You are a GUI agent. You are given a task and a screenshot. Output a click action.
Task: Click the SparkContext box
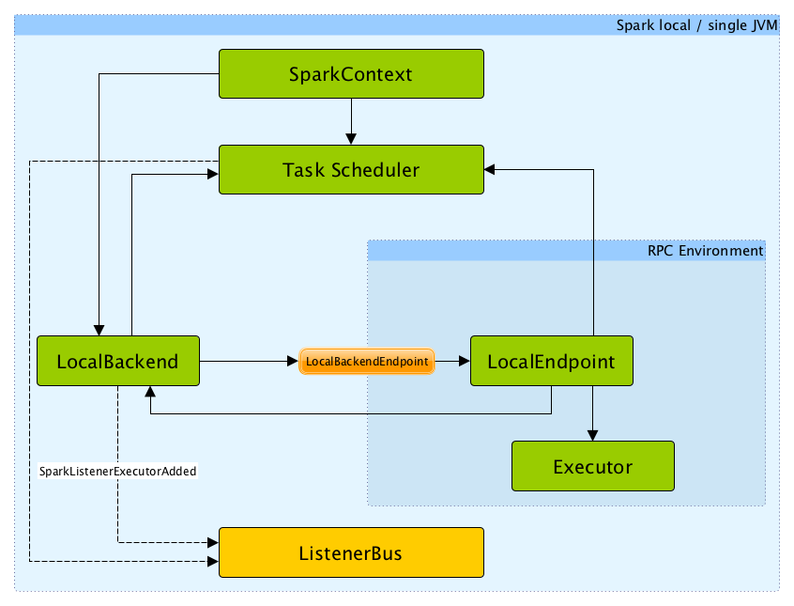click(351, 74)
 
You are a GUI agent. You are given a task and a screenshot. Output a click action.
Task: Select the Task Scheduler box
click(351, 170)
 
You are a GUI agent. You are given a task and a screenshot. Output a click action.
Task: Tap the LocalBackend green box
click(117, 361)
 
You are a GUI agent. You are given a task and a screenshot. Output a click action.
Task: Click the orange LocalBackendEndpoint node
click(367, 361)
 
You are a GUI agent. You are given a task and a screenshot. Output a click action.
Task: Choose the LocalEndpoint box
click(551, 361)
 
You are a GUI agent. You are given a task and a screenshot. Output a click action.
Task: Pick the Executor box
click(592, 466)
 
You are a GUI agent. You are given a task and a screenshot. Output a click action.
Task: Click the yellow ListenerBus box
click(351, 552)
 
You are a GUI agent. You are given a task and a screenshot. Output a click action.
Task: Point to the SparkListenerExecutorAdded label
click(117, 471)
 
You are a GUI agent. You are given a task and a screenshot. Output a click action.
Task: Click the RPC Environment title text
click(705, 251)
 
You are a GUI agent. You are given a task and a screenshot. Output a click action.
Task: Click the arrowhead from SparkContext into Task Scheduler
click(350, 139)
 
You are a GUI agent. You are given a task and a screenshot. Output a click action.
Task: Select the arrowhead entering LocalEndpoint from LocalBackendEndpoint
click(464, 361)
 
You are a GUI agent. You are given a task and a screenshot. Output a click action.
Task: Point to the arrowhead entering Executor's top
click(592, 435)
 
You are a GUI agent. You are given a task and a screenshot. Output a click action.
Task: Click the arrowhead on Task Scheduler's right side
click(490, 170)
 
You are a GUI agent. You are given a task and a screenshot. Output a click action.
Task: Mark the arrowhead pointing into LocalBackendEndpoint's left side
click(292, 361)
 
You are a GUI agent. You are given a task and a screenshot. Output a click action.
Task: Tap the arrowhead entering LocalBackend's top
click(99, 329)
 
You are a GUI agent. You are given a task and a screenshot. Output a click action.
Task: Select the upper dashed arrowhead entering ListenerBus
click(213, 542)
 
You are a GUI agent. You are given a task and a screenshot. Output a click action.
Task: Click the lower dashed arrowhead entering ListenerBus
click(213, 562)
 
